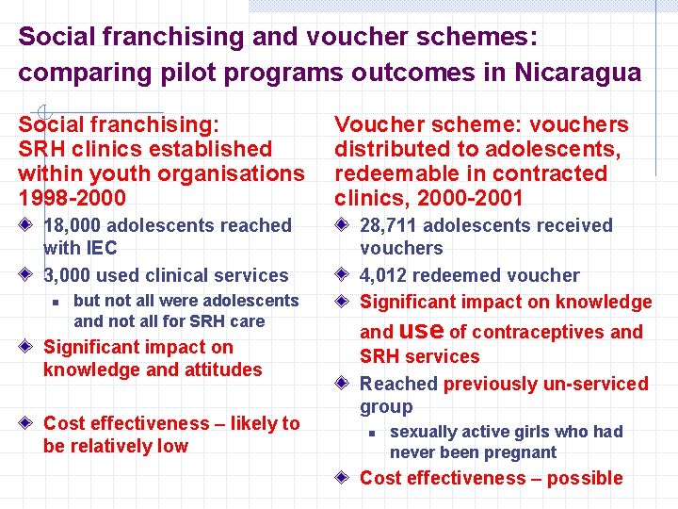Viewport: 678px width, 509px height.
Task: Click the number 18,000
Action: click(x=74, y=225)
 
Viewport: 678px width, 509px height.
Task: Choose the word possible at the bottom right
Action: click(x=584, y=478)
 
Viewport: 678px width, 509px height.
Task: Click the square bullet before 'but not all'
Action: click(x=56, y=302)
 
